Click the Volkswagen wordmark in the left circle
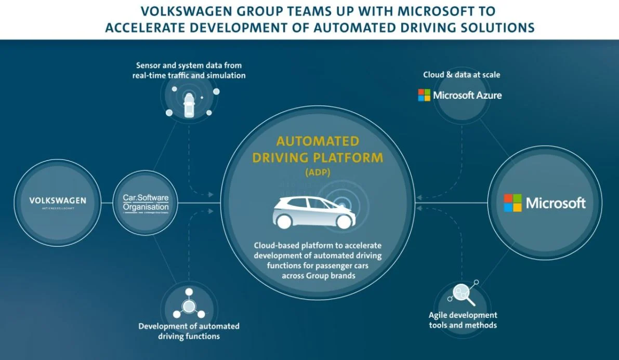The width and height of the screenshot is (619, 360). tap(58, 200)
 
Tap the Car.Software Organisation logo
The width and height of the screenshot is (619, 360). tap(146, 202)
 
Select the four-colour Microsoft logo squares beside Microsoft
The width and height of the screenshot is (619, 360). tap(512, 203)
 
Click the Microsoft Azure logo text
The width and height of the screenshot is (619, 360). tap(467, 95)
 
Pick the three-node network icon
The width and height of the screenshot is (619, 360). tap(188, 307)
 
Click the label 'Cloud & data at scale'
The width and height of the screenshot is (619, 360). tap(462, 75)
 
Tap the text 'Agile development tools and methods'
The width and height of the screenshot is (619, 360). tap(463, 320)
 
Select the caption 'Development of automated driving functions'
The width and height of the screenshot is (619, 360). tap(189, 331)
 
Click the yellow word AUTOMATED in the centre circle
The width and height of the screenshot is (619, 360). tap(318, 141)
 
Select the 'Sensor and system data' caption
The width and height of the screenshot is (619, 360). tap(189, 70)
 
